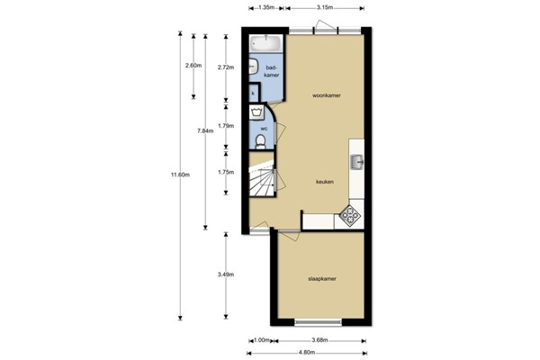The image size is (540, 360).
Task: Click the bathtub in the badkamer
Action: tap(265, 42)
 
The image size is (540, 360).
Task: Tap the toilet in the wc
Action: tap(264, 139)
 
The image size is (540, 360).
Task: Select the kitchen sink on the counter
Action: tap(357, 162)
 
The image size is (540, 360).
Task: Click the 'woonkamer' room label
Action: tap(325, 94)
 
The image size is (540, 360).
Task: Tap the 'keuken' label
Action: tap(324, 181)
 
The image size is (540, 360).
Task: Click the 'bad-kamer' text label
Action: tap(270, 71)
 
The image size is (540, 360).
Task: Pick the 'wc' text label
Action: tap(264, 128)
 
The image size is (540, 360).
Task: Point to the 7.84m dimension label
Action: tap(205, 131)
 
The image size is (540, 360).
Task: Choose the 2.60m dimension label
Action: tap(192, 66)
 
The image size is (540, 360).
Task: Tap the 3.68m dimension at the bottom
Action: tap(319, 339)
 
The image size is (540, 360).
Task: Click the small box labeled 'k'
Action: tap(253, 93)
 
